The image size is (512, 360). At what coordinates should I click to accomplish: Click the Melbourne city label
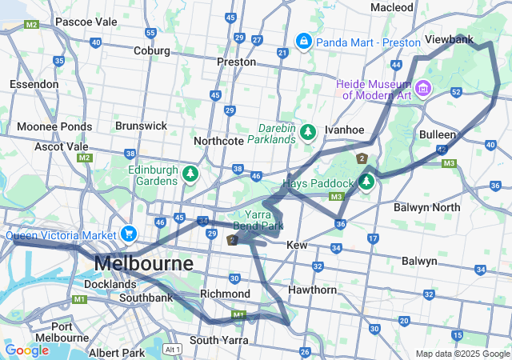[x=143, y=263]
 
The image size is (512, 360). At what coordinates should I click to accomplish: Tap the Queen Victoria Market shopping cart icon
[x=128, y=234]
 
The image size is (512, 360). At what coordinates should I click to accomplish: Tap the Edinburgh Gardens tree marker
[x=190, y=172]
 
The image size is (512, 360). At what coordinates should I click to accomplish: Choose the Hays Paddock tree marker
[x=366, y=182]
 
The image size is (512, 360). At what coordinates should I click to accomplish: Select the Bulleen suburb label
[x=438, y=134]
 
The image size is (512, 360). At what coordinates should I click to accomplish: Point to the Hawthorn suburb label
[x=312, y=290]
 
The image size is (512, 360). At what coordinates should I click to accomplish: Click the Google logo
[x=26, y=350]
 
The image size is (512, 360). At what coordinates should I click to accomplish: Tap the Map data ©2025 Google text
[x=462, y=354]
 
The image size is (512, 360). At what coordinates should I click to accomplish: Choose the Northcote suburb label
[x=218, y=141]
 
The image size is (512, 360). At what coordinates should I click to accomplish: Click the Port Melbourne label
[x=73, y=332]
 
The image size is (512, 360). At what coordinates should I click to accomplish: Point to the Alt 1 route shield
[x=172, y=350]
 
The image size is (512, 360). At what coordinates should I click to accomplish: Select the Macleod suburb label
[x=392, y=7]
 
